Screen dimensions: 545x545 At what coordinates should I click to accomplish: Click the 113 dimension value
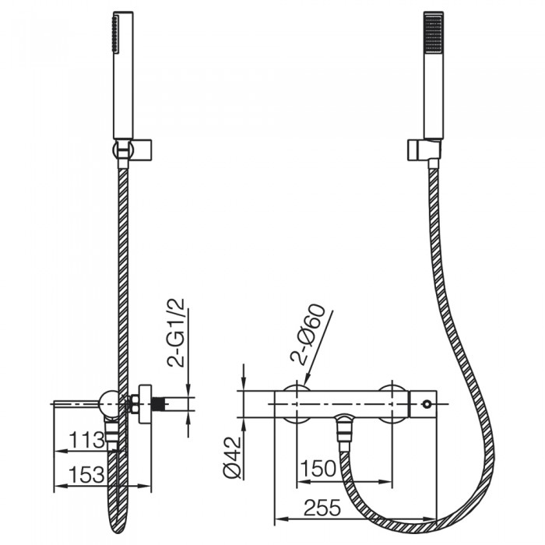point(87,440)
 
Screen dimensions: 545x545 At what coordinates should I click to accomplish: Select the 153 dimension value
point(87,474)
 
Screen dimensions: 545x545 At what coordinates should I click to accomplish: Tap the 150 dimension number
point(318,468)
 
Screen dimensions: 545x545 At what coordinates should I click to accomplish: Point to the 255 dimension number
point(322,508)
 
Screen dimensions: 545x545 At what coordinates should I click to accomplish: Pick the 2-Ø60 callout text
point(308,335)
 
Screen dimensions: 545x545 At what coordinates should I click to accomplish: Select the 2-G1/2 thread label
point(176,333)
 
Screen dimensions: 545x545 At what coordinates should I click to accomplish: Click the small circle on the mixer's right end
point(427,404)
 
